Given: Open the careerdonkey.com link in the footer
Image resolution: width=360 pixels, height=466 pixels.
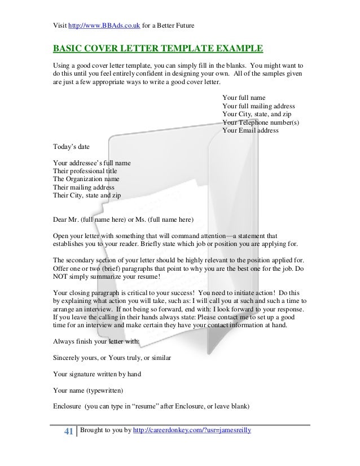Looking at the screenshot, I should tap(192, 431).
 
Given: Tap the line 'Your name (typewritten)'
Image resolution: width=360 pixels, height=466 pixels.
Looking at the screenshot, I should tap(87, 389).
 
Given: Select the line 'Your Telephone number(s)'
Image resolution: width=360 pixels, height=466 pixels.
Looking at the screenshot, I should tap(261, 122).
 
